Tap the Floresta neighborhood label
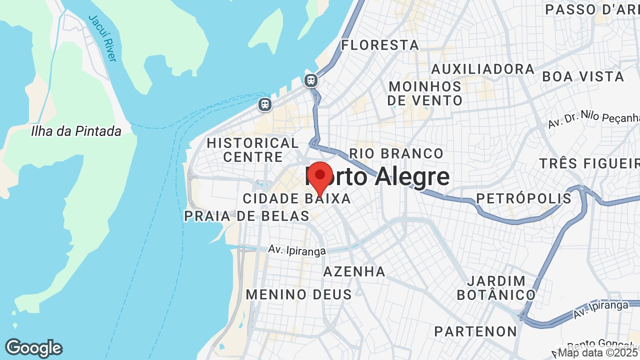(x=380, y=45)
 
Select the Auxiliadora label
(x=483, y=69)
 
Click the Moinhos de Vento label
(x=425, y=93)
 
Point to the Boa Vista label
(x=583, y=76)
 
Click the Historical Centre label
(x=253, y=150)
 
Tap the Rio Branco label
(x=396, y=153)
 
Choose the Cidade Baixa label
(x=297, y=198)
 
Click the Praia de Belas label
(x=247, y=216)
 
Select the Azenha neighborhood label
(x=354, y=271)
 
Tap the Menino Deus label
(x=299, y=294)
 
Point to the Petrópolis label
(x=523, y=198)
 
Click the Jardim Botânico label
(x=496, y=288)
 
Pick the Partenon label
(x=475, y=331)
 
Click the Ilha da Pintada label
(x=76, y=131)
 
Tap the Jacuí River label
(x=102, y=38)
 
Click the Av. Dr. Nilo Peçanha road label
(x=593, y=120)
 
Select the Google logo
(x=33, y=348)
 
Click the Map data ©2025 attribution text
(x=598, y=352)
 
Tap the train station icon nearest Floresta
(x=311, y=80)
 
